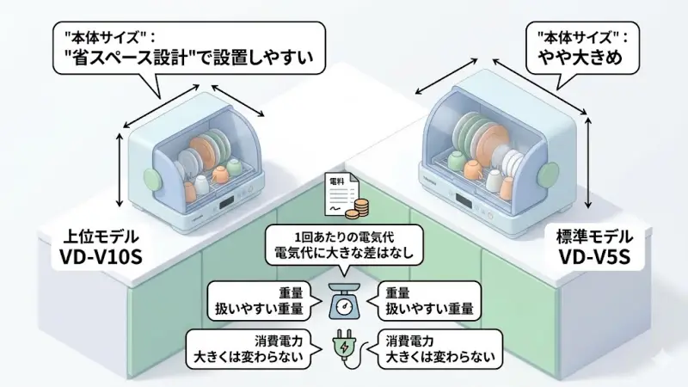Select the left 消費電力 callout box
[249, 348]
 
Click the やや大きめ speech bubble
[577, 47]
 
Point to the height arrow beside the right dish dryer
[587, 163]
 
